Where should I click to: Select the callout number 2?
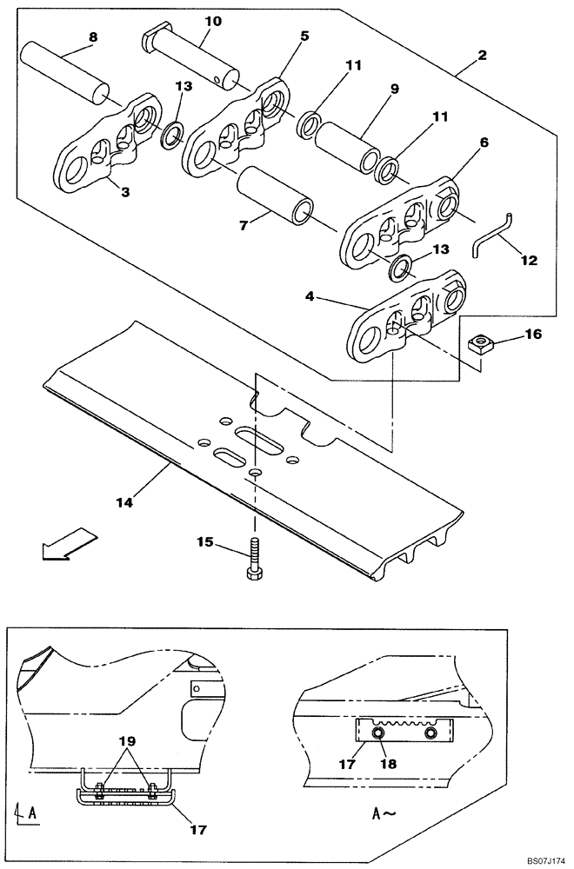[x=482, y=55]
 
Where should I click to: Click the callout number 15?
[x=205, y=542]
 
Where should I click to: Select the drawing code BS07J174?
[x=543, y=859]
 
